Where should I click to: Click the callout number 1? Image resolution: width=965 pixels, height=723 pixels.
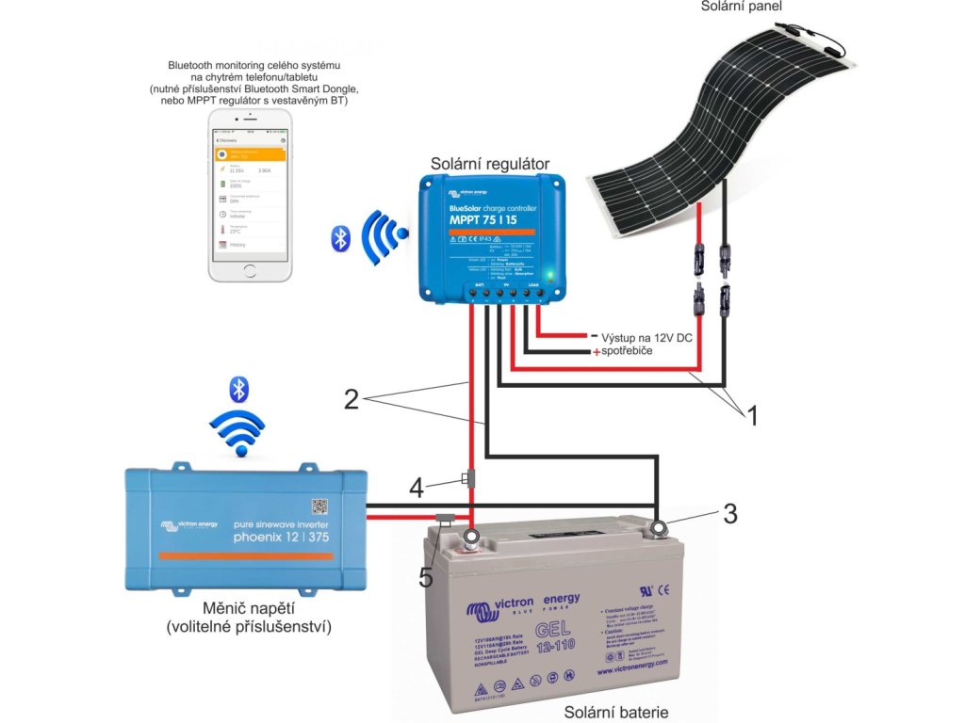click(750, 415)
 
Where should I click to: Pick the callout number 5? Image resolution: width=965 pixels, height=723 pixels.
click(426, 577)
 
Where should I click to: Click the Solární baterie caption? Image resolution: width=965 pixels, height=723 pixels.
click(616, 712)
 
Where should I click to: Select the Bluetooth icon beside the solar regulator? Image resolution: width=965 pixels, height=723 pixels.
click(340, 238)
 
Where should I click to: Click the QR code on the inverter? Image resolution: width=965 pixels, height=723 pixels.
click(319, 504)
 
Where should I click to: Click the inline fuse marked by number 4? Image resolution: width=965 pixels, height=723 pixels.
click(468, 478)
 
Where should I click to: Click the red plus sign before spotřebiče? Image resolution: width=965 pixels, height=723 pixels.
click(596, 352)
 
